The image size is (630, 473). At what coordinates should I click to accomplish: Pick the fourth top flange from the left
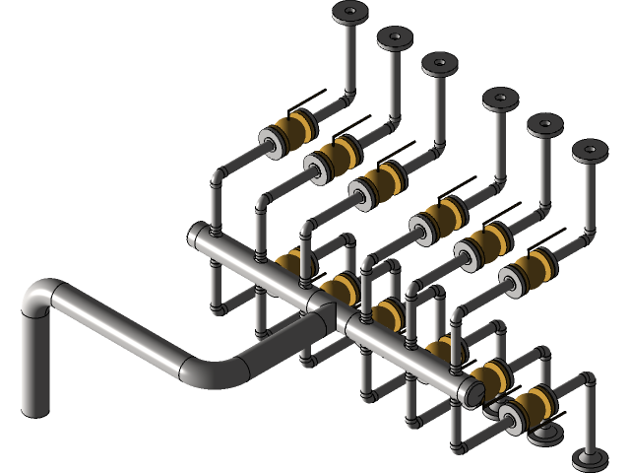click(500, 99)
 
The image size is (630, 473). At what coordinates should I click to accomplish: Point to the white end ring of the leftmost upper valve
click(271, 142)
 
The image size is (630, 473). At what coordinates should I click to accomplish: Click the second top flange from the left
click(394, 38)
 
